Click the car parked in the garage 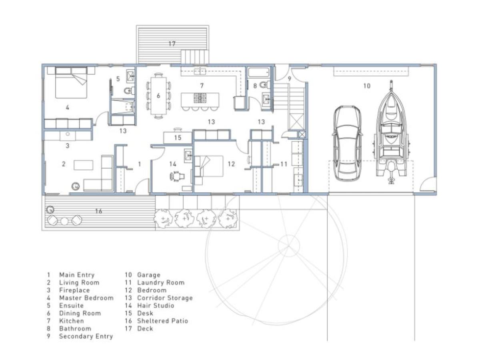click(347, 143)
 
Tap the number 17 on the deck click(172, 44)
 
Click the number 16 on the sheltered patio click(98, 211)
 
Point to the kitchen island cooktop click(200, 98)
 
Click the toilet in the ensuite click(128, 91)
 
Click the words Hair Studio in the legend click(156, 306)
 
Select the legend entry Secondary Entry click(86, 336)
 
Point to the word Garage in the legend click(148, 275)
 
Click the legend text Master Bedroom click(86, 298)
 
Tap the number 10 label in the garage click(366, 86)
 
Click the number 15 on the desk click(178, 138)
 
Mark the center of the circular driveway click(289, 243)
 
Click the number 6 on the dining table click(158, 96)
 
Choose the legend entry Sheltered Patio click(162, 321)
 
